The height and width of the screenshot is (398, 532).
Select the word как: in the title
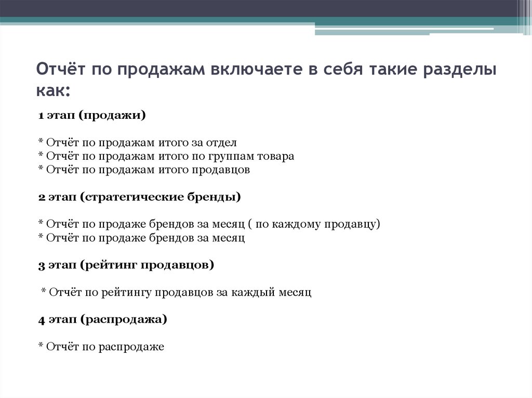pyautogui.click(x=53, y=90)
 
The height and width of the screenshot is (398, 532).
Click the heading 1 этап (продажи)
pyautogui.click(x=92, y=115)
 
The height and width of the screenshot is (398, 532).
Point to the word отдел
pyautogui.click(x=223, y=143)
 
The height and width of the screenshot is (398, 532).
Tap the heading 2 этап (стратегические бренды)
pyautogui.click(x=140, y=197)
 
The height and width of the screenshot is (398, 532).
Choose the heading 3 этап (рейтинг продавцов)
pyautogui.click(x=126, y=265)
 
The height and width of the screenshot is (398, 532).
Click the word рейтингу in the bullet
pyautogui.click(x=129, y=293)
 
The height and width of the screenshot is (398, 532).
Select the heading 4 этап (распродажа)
pyautogui.click(x=103, y=320)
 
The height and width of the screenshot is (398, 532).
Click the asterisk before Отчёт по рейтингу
pyautogui.click(x=44, y=292)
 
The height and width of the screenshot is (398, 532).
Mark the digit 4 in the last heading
pyautogui.click(x=41, y=320)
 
